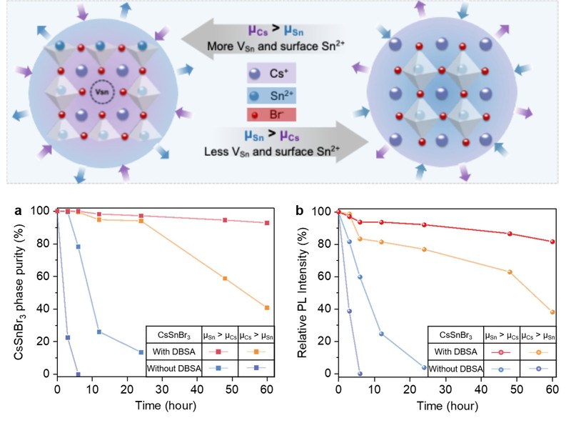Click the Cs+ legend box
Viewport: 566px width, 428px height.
[x=271, y=73]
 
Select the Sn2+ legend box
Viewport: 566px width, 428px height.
[x=271, y=96]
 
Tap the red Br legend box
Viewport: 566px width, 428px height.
[x=271, y=114]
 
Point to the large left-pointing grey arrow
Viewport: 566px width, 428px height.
[x=262, y=39]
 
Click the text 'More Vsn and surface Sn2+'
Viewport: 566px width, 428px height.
[x=276, y=46]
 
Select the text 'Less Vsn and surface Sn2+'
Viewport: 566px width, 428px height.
[x=272, y=151]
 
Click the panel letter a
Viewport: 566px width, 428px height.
[x=18, y=211]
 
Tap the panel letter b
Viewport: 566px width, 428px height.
[x=299, y=210]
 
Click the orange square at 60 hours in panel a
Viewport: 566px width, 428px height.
[x=267, y=308]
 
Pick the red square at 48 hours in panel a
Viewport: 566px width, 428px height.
[x=225, y=220]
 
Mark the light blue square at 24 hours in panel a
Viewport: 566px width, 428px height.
[x=141, y=352]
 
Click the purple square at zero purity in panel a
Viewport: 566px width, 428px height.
[x=78, y=374]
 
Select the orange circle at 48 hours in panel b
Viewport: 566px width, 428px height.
[x=510, y=272]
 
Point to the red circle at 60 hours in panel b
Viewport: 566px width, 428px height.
[x=552, y=242]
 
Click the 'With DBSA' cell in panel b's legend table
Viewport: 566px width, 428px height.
[x=455, y=352]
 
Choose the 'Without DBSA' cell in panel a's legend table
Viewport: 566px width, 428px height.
[x=174, y=369]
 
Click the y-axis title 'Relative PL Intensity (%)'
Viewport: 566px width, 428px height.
[x=302, y=293]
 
